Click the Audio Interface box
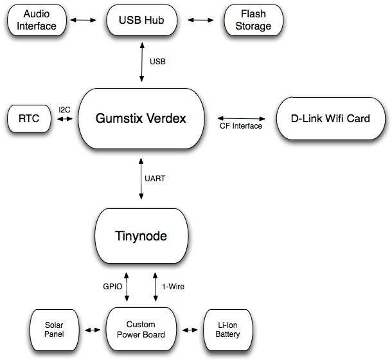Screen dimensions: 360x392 click(x=36, y=20)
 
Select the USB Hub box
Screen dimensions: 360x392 click(x=141, y=20)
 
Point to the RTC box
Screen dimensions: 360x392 click(x=29, y=118)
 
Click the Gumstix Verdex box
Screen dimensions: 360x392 click(x=141, y=118)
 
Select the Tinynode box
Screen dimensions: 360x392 click(x=141, y=236)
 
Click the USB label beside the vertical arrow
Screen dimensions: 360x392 click(x=158, y=62)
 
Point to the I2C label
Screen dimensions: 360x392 click(x=64, y=110)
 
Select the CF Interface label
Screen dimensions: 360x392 click(x=241, y=126)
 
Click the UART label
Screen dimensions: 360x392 click(x=157, y=179)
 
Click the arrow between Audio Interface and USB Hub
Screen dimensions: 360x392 click(x=82, y=21)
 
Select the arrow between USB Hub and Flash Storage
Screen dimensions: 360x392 click(x=200, y=21)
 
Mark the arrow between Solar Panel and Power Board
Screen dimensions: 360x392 click(x=92, y=330)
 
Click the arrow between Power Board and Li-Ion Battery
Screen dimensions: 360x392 click(x=190, y=330)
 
